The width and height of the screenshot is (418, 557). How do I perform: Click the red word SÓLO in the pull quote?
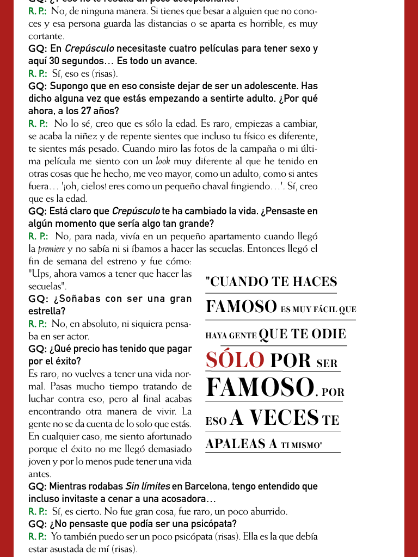(235, 360)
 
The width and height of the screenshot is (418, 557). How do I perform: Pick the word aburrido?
(268, 511)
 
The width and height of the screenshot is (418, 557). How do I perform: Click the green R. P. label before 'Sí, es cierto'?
(38, 511)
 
